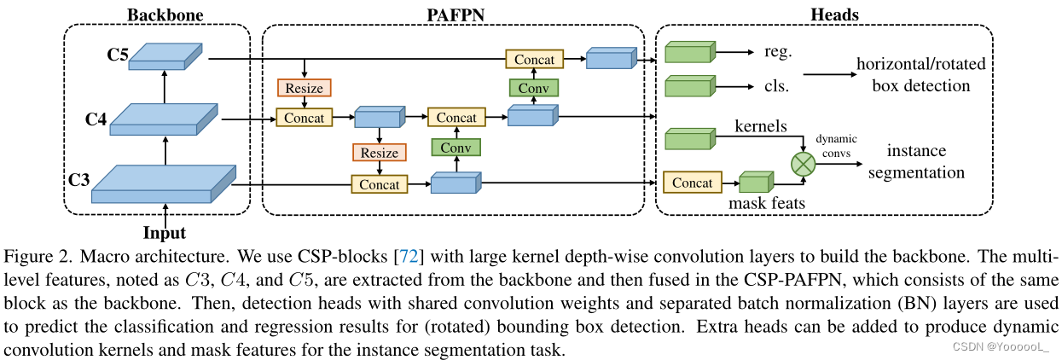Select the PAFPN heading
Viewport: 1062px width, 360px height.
point(453,15)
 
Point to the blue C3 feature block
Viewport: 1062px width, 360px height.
point(162,183)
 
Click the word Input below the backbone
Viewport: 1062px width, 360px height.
point(165,232)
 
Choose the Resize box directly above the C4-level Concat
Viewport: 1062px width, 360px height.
point(304,87)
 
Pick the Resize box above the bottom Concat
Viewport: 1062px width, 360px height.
point(380,153)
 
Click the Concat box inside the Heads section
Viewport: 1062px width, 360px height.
point(692,183)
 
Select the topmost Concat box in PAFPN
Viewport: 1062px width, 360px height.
point(535,59)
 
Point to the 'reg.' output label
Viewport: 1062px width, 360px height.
point(779,52)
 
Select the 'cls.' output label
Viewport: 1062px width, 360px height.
point(777,86)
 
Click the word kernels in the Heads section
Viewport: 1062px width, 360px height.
point(760,125)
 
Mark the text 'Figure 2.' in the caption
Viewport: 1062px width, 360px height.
point(33,257)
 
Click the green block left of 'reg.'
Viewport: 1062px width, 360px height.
point(690,53)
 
